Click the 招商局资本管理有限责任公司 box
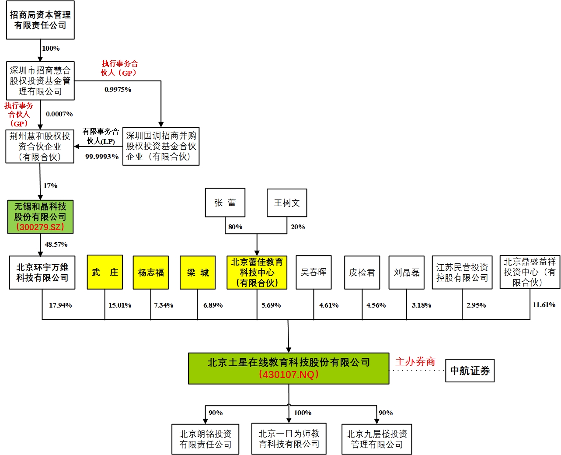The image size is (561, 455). point(40,20)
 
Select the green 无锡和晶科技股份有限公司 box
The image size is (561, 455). point(40,217)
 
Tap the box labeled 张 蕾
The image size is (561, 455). point(225,203)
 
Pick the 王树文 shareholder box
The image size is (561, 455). point(287,203)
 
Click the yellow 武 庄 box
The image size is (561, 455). point(105,272)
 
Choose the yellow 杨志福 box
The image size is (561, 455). point(151,273)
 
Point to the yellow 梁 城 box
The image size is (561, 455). point(198,273)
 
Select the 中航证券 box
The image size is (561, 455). point(470,371)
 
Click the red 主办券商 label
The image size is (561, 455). point(415,361)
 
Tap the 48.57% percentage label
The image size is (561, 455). point(56,245)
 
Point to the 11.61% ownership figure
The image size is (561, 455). point(544,305)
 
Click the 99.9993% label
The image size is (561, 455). point(102,157)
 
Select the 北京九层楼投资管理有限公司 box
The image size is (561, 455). point(376,439)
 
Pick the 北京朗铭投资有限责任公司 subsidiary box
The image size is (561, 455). point(205,439)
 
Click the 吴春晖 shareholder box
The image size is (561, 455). point(314,272)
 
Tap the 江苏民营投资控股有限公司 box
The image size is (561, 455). point(462,273)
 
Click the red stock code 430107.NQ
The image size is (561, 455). point(289,374)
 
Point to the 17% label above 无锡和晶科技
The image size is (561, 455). point(50,186)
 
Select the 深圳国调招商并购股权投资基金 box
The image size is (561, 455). point(161,146)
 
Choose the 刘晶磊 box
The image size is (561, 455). point(406,273)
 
